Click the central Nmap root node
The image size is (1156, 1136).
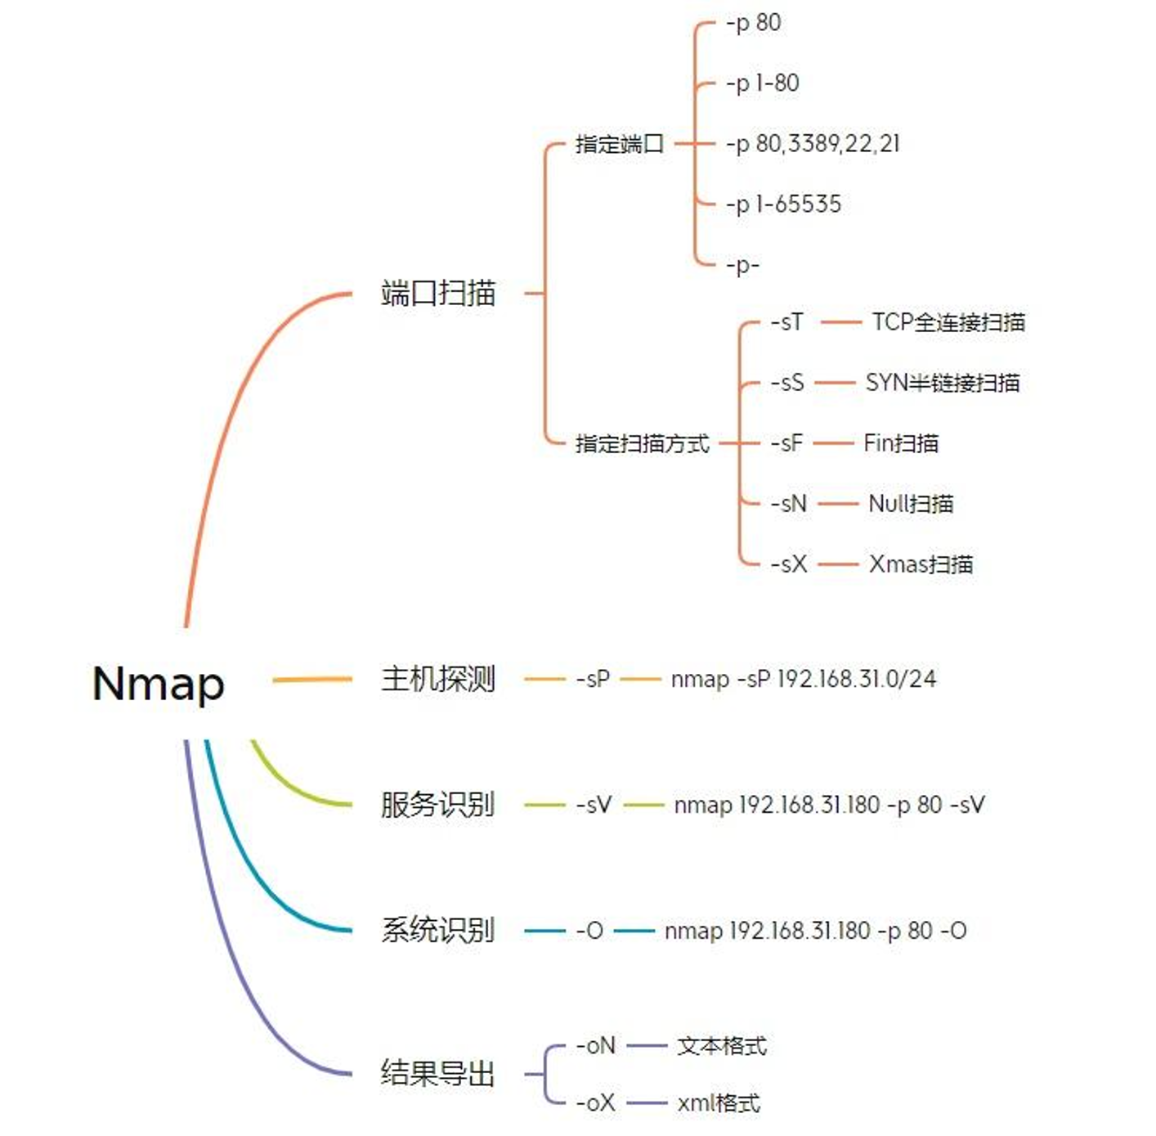[159, 684]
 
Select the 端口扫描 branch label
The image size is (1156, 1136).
[438, 294]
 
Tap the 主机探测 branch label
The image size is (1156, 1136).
[438, 679]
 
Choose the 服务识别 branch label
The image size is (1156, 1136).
[438, 805]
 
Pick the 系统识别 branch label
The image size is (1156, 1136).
[438, 931]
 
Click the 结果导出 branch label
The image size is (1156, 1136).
[438, 1074]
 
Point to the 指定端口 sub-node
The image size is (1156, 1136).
[620, 144]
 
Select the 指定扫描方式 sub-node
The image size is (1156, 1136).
[643, 444]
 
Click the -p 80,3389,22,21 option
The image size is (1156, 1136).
[813, 144]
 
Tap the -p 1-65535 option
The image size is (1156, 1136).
[783, 204]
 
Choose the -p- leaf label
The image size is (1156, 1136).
[742, 265]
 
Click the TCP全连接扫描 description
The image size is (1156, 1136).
[948, 322]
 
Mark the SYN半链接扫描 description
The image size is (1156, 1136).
[943, 383]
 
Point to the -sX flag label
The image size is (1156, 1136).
[789, 564]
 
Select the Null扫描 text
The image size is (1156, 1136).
[911, 503]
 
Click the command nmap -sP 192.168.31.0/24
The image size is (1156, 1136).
[804, 679]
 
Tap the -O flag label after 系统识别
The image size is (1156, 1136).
[589, 931]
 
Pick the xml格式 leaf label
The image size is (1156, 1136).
[719, 1103]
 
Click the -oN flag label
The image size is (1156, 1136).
[596, 1046]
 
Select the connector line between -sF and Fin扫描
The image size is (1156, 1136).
[833, 444]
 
